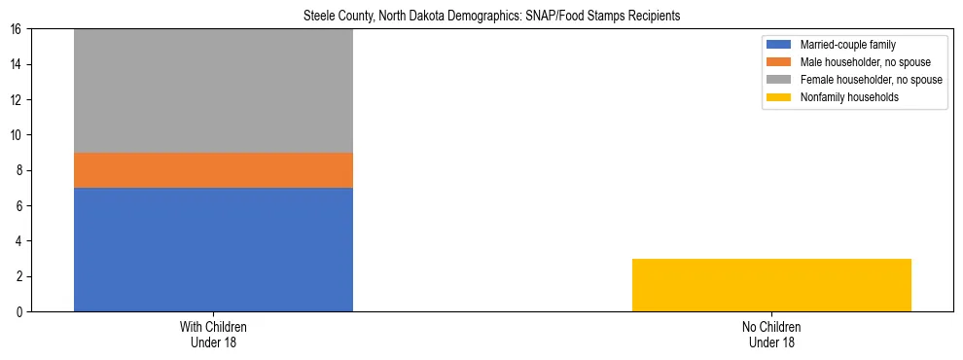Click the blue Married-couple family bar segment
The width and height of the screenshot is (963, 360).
(213, 249)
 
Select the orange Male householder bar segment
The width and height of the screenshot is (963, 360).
(213, 170)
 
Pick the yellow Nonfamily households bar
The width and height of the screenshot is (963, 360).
(771, 285)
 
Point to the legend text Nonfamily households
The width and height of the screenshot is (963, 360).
(843, 97)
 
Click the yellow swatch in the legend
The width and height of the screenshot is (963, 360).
(779, 97)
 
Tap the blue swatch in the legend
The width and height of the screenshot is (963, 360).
(779, 45)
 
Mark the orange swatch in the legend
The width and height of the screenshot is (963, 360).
(779, 62)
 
